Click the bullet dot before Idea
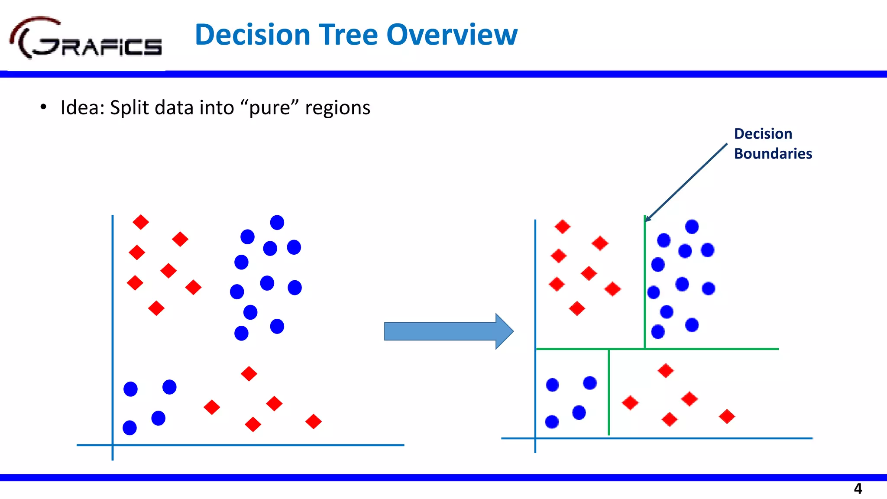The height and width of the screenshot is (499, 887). (x=43, y=107)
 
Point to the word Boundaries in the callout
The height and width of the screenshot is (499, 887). (x=773, y=154)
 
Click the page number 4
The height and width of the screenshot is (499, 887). (x=858, y=489)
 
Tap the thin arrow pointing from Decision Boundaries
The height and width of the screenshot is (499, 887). (x=686, y=182)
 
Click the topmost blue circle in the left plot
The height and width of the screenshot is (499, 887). (x=277, y=223)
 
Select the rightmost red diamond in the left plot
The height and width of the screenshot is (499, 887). (x=314, y=421)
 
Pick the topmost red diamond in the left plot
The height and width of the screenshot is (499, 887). (x=141, y=222)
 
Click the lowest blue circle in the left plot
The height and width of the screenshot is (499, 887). (x=130, y=428)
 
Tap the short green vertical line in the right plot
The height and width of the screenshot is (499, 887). (x=609, y=392)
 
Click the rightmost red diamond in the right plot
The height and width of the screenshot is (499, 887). (x=727, y=417)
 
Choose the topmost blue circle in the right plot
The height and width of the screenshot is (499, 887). (x=692, y=227)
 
